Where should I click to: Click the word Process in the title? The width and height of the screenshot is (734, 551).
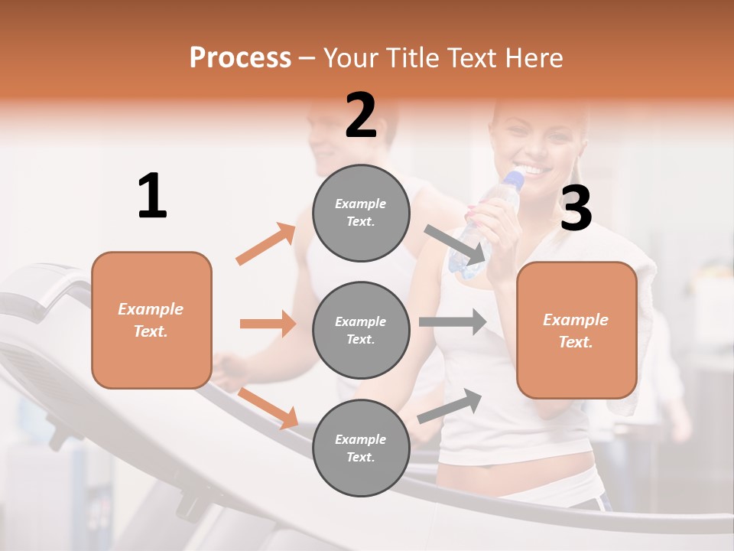[240, 57]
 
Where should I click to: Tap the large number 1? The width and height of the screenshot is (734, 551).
[152, 196]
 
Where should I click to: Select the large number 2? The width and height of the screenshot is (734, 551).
[361, 116]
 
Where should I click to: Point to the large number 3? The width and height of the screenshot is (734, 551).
[576, 209]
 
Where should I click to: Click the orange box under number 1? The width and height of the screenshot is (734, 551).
[151, 320]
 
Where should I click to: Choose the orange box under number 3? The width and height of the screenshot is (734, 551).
[576, 330]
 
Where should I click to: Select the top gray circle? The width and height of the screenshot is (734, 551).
[361, 213]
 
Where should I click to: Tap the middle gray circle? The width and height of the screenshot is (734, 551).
[361, 330]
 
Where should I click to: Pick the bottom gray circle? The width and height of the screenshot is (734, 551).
[361, 448]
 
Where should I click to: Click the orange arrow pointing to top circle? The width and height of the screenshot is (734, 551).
[266, 243]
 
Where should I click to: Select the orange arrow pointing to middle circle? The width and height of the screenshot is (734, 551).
[268, 324]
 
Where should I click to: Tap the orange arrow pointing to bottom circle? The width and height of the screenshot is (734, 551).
[268, 407]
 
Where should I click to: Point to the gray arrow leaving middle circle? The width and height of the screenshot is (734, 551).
[452, 321]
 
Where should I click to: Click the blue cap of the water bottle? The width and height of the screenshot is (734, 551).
[514, 181]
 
